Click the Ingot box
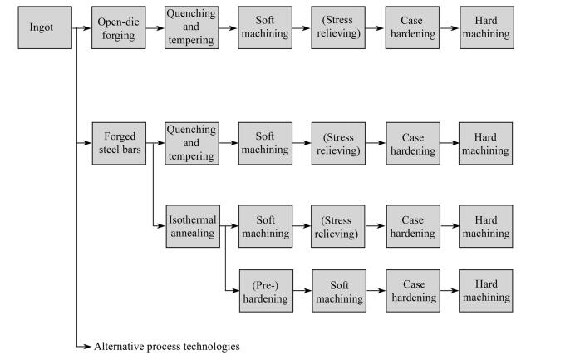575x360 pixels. click(40, 27)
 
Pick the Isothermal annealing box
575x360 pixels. click(192, 226)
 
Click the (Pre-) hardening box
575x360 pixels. click(266, 291)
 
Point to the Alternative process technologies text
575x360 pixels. click(166, 346)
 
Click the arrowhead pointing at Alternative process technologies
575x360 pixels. click(87, 346)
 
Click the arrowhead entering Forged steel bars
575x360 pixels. click(87, 143)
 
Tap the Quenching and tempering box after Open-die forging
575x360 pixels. click(191, 27)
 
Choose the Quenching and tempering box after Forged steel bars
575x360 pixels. click(191, 143)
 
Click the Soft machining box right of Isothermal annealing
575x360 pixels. click(266, 226)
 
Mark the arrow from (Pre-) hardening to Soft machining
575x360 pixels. click(302, 291)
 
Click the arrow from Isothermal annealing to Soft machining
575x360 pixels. click(229, 226)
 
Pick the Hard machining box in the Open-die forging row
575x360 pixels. click(486, 27)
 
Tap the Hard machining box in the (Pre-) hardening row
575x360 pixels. click(486, 291)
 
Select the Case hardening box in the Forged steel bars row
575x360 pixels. click(413, 143)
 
